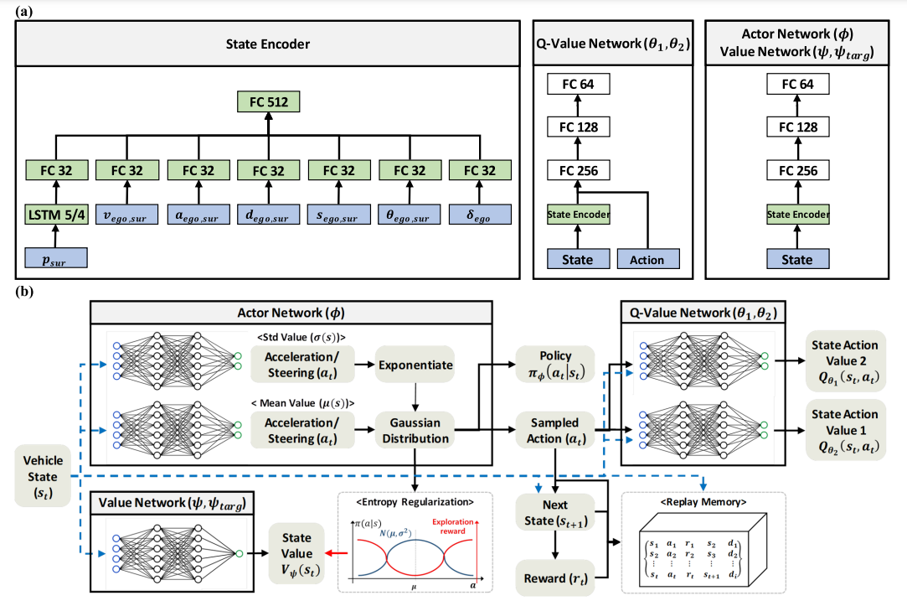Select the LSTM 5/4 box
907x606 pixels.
tap(56, 215)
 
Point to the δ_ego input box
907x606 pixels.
tap(477, 215)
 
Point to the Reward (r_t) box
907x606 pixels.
tap(554, 578)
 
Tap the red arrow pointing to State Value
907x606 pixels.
tap(340, 553)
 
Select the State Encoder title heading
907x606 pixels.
tap(267, 44)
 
